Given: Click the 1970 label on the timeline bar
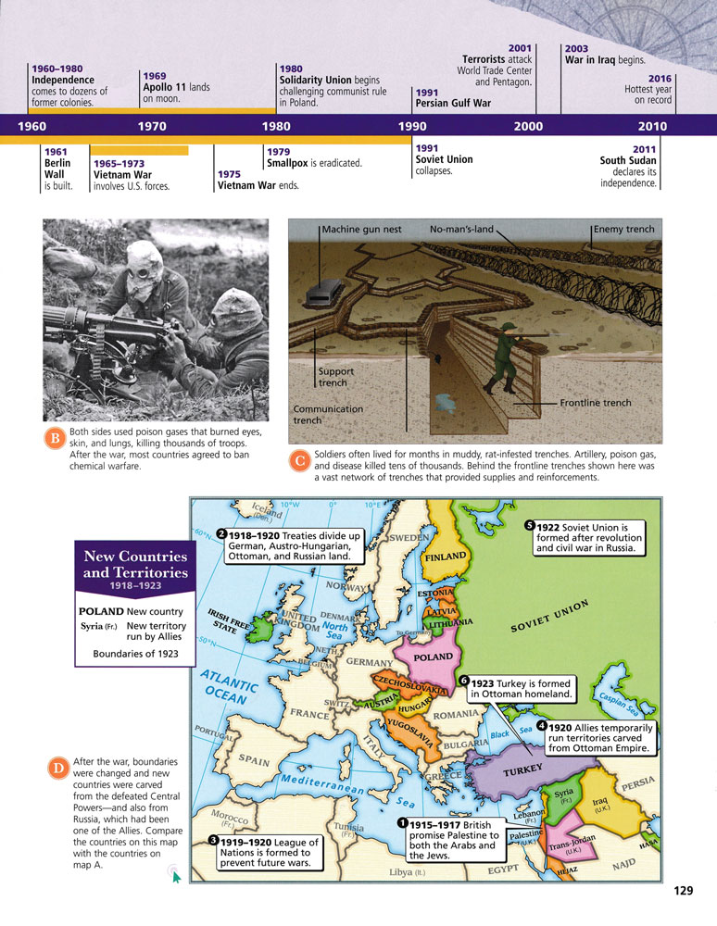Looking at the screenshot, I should tap(151, 126).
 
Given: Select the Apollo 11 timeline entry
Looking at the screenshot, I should tap(175, 87).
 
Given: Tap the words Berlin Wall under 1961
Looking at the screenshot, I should tap(57, 168).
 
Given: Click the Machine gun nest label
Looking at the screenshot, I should tap(361, 230).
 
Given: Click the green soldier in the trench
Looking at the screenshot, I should tap(499, 360).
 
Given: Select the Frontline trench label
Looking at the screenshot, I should tap(596, 403).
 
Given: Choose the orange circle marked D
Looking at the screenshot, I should tap(57, 768).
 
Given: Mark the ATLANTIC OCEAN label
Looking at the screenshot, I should tap(224, 689).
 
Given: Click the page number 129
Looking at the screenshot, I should tap(683, 891).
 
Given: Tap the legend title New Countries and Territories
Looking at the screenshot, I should tap(135, 565).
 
